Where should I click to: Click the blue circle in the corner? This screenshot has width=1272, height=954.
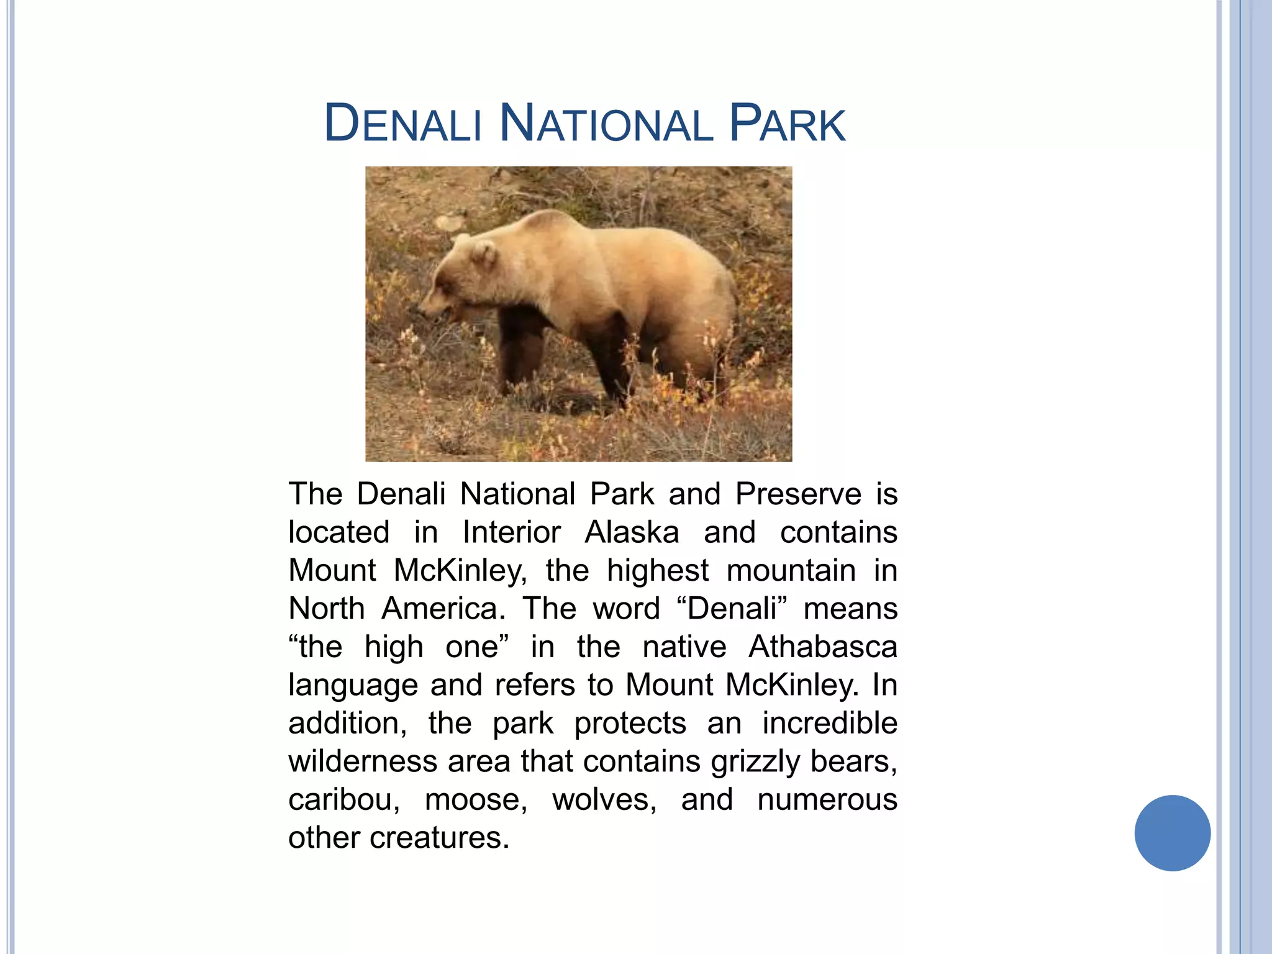point(1172,833)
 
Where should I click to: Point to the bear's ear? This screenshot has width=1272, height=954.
point(483,253)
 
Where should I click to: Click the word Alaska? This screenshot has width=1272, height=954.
point(632,533)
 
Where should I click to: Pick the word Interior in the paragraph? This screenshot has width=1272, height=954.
point(511,533)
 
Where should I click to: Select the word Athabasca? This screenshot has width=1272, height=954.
point(822,647)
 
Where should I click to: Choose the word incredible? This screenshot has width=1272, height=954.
point(829,724)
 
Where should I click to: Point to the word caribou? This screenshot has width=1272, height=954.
point(344,800)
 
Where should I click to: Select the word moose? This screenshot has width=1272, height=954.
point(476,800)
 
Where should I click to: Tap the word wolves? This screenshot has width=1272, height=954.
point(604,800)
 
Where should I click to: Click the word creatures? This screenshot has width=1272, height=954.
point(439,838)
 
